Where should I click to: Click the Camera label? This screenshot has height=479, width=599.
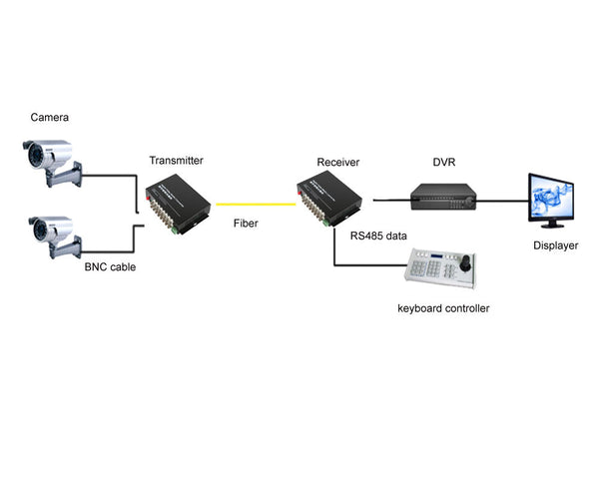coord(50,118)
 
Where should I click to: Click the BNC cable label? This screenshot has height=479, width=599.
coord(110,267)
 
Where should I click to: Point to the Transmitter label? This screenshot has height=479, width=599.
coord(176,160)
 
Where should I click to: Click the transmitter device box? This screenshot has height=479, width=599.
coord(177,199)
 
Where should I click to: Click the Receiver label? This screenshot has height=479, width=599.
coord(337,161)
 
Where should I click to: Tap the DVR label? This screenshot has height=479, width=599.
coord(444,161)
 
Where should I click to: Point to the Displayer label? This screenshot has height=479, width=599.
coord(554,243)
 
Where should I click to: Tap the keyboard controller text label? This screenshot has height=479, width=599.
coord(443,308)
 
